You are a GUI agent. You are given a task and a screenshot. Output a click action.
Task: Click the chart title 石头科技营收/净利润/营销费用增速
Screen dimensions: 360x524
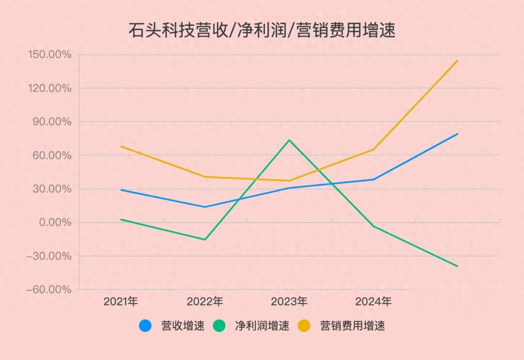(262, 30)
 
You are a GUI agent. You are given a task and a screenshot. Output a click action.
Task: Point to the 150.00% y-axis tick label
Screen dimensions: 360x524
(49, 54)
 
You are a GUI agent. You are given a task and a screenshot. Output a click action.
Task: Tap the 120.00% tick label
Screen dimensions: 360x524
(49, 88)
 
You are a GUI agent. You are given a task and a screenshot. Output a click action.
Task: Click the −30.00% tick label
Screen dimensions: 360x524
(49, 256)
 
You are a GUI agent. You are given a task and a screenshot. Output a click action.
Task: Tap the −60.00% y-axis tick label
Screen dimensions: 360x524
(49, 290)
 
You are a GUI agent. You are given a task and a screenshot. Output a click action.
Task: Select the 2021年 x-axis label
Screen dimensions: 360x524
(121, 302)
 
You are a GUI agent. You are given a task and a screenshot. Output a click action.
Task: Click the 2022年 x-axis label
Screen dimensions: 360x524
(205, 302)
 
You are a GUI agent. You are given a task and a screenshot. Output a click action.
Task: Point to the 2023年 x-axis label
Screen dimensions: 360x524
(289, 302)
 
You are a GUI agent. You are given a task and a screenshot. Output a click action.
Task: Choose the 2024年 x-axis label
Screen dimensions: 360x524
(373, 302)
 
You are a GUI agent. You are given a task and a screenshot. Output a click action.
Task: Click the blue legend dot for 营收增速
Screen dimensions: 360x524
(145, 326)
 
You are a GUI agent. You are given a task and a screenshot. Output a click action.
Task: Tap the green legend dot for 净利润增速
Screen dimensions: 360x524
(219, 326)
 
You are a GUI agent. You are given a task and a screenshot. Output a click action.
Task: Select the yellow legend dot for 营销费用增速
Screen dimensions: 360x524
(304, 326)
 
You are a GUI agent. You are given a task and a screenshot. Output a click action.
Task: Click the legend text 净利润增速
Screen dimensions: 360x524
(262, 326)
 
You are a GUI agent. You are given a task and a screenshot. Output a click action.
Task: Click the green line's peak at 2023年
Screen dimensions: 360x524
(289, 140)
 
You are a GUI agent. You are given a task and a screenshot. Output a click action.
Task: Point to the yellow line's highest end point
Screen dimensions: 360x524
(457, 61)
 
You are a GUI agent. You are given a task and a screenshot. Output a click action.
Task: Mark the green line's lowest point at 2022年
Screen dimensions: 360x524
(205, 240)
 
